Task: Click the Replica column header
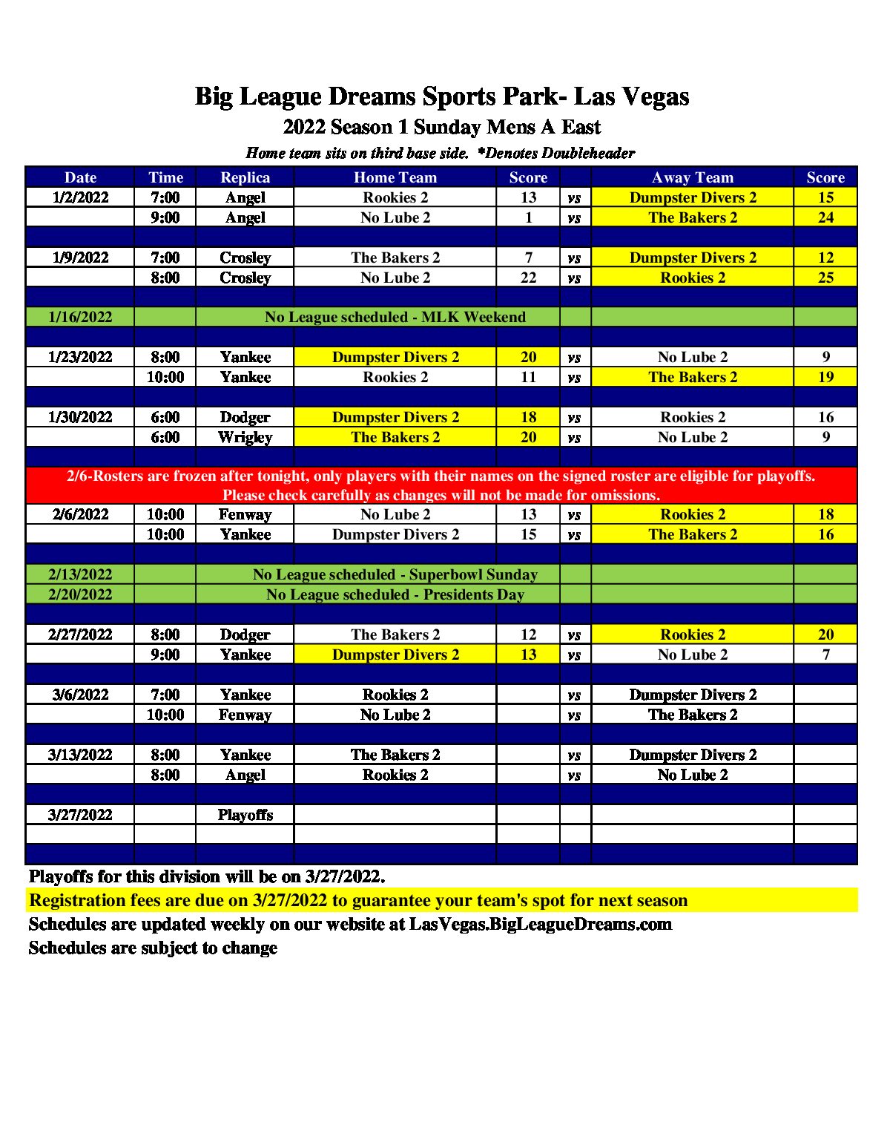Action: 245,177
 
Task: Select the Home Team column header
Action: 395,177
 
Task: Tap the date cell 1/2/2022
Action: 80,197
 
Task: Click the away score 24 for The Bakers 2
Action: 825,217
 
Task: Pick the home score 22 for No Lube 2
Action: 528,278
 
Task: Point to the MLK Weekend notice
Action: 395,318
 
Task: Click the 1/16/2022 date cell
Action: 80,318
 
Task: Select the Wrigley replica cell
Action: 245,437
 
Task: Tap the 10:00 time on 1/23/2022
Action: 165,377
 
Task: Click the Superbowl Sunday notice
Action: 395,574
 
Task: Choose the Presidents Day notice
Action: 395,594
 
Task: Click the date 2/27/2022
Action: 80,634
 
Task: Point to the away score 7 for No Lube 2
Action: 825,655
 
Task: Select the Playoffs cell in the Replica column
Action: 245,815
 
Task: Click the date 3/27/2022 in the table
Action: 80,815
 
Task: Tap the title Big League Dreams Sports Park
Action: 442,96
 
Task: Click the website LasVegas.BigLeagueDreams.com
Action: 540,925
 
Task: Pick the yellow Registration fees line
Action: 358,901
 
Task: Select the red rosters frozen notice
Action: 441,485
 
